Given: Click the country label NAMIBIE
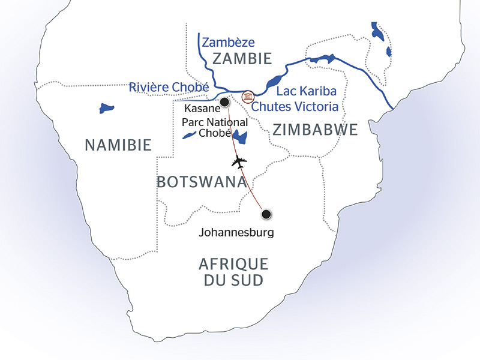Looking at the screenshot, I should [x=118, y=145].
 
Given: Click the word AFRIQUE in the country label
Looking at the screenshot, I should [x=233, y=264].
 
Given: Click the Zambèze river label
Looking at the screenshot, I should [x=229, y=42].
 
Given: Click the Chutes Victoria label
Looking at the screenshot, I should [x=295, y=107].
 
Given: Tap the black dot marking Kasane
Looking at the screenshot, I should [x=224, y=103].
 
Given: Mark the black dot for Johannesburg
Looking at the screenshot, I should [x=266, y=214].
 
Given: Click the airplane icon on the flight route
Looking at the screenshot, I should [x=239, y=162].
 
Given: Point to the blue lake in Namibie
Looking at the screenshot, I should [x=107, y=109].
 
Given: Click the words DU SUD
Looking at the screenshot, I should [x=233, y=280].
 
